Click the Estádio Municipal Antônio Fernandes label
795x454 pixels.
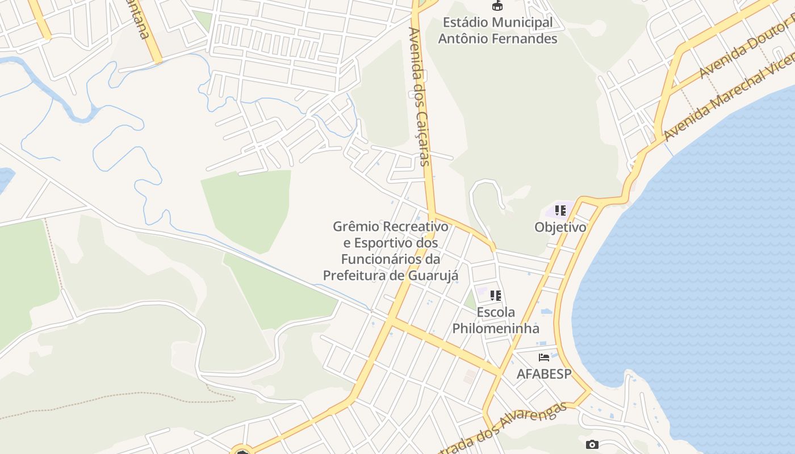(x=497, y=31)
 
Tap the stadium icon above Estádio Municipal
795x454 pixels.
(x=497, y=6)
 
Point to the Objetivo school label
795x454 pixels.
(x=560, y=227)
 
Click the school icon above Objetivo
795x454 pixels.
(x=560, y=211)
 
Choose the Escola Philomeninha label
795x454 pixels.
(x=496, y=320)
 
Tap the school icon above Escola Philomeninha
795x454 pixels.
(x=496, y=296)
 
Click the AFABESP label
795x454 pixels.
(x=543, y=374)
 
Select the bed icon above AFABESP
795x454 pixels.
(x=544, y=358)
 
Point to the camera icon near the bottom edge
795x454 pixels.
(x=592, y=444)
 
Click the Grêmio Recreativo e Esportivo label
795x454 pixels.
(x=391, y=251)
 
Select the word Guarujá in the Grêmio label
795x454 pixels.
(x=433, y=275)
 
